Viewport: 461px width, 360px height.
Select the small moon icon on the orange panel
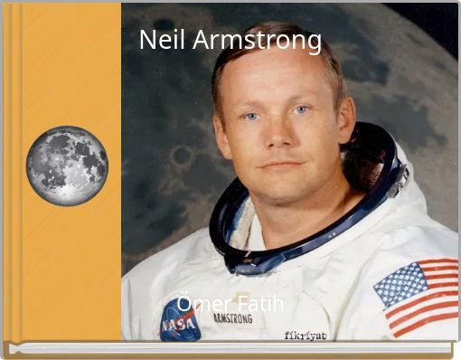point(67,166)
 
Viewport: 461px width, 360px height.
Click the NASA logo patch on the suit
point(180,319)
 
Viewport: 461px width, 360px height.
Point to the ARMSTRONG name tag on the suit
point(232,318)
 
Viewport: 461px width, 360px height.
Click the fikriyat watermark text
point(305,336)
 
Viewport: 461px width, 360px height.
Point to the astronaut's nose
point(275,135)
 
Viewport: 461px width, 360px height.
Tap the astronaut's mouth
point(282,166)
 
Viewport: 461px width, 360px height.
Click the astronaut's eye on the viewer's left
point(250,116)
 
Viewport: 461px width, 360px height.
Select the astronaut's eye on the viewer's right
point(301,110)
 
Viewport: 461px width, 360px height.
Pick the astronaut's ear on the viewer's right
point(345,118)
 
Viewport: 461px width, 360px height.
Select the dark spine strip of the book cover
point(8,172)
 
